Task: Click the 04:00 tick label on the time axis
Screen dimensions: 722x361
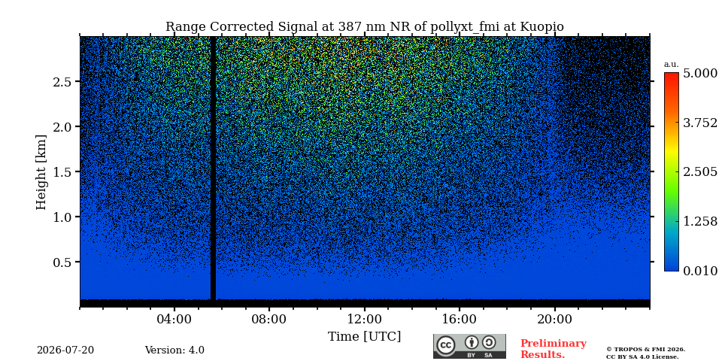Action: pos(174,319)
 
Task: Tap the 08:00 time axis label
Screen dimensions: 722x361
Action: pos(269,319)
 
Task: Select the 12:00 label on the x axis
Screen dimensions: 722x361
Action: pos(365,319)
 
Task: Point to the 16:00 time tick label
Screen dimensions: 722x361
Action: pos(460,319)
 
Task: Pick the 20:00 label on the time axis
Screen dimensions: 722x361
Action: pos(555,319)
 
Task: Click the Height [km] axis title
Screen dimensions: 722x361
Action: pos(41,172)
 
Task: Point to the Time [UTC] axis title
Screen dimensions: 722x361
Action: pos(364,337)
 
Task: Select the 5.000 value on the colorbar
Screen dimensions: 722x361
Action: pos(700,74)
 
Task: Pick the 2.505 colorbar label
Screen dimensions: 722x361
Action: pos(700,171)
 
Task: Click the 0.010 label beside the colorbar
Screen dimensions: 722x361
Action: pos(700,271)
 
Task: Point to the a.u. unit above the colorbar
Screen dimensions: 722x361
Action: pos(672,65)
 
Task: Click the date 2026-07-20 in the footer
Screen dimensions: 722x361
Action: pos(65,350)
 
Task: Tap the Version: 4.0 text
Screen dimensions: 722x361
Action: pos(174,350)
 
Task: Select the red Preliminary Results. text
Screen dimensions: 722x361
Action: pos(554,349)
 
